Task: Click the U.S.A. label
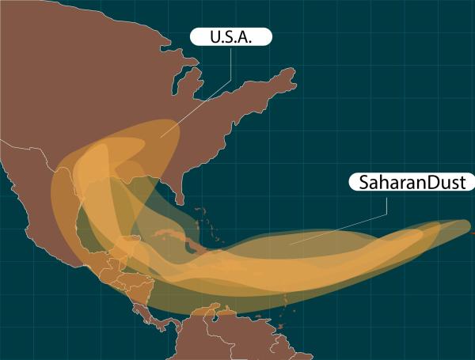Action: tap(231, 37)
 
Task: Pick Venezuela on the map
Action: tap(237, 328)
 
